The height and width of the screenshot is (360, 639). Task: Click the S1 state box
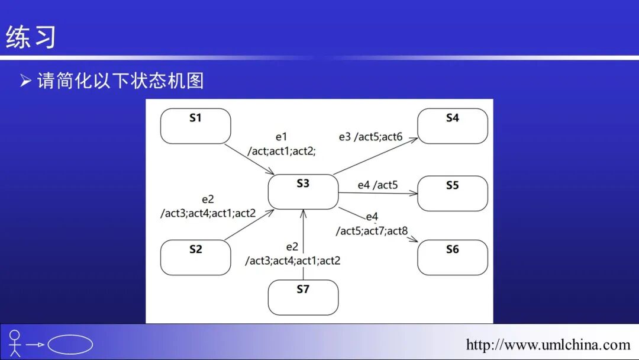click(195, 126)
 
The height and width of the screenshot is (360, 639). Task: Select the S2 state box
click(195, 258)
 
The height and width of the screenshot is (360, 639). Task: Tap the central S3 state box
click(303, 191)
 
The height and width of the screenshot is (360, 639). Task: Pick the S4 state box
click(453, 126)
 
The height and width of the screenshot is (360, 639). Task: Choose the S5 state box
click(453, 193)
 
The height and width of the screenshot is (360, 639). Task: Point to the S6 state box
click(453, 258)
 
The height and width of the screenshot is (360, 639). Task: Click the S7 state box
click(303, 297)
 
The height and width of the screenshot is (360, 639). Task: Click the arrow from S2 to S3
click(248, 225)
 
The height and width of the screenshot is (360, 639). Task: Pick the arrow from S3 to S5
click(379, 193)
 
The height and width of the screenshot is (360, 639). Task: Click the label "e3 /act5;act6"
click(370, 137)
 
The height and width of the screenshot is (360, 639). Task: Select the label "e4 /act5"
click(377, 185)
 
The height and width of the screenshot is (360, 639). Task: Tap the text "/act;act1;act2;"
click(281, 151)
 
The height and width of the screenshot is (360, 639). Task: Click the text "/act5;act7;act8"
click(372, 231)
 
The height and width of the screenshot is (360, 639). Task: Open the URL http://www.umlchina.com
click(548, 345)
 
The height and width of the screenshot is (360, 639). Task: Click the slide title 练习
click(31, 37)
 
